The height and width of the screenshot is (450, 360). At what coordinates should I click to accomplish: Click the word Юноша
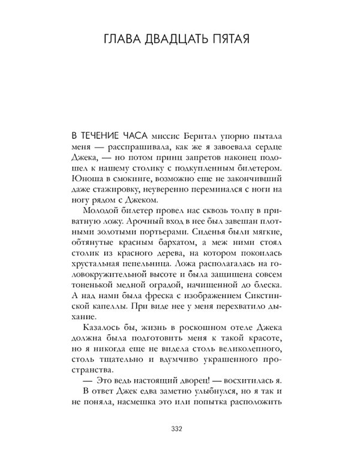coord(85,178)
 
